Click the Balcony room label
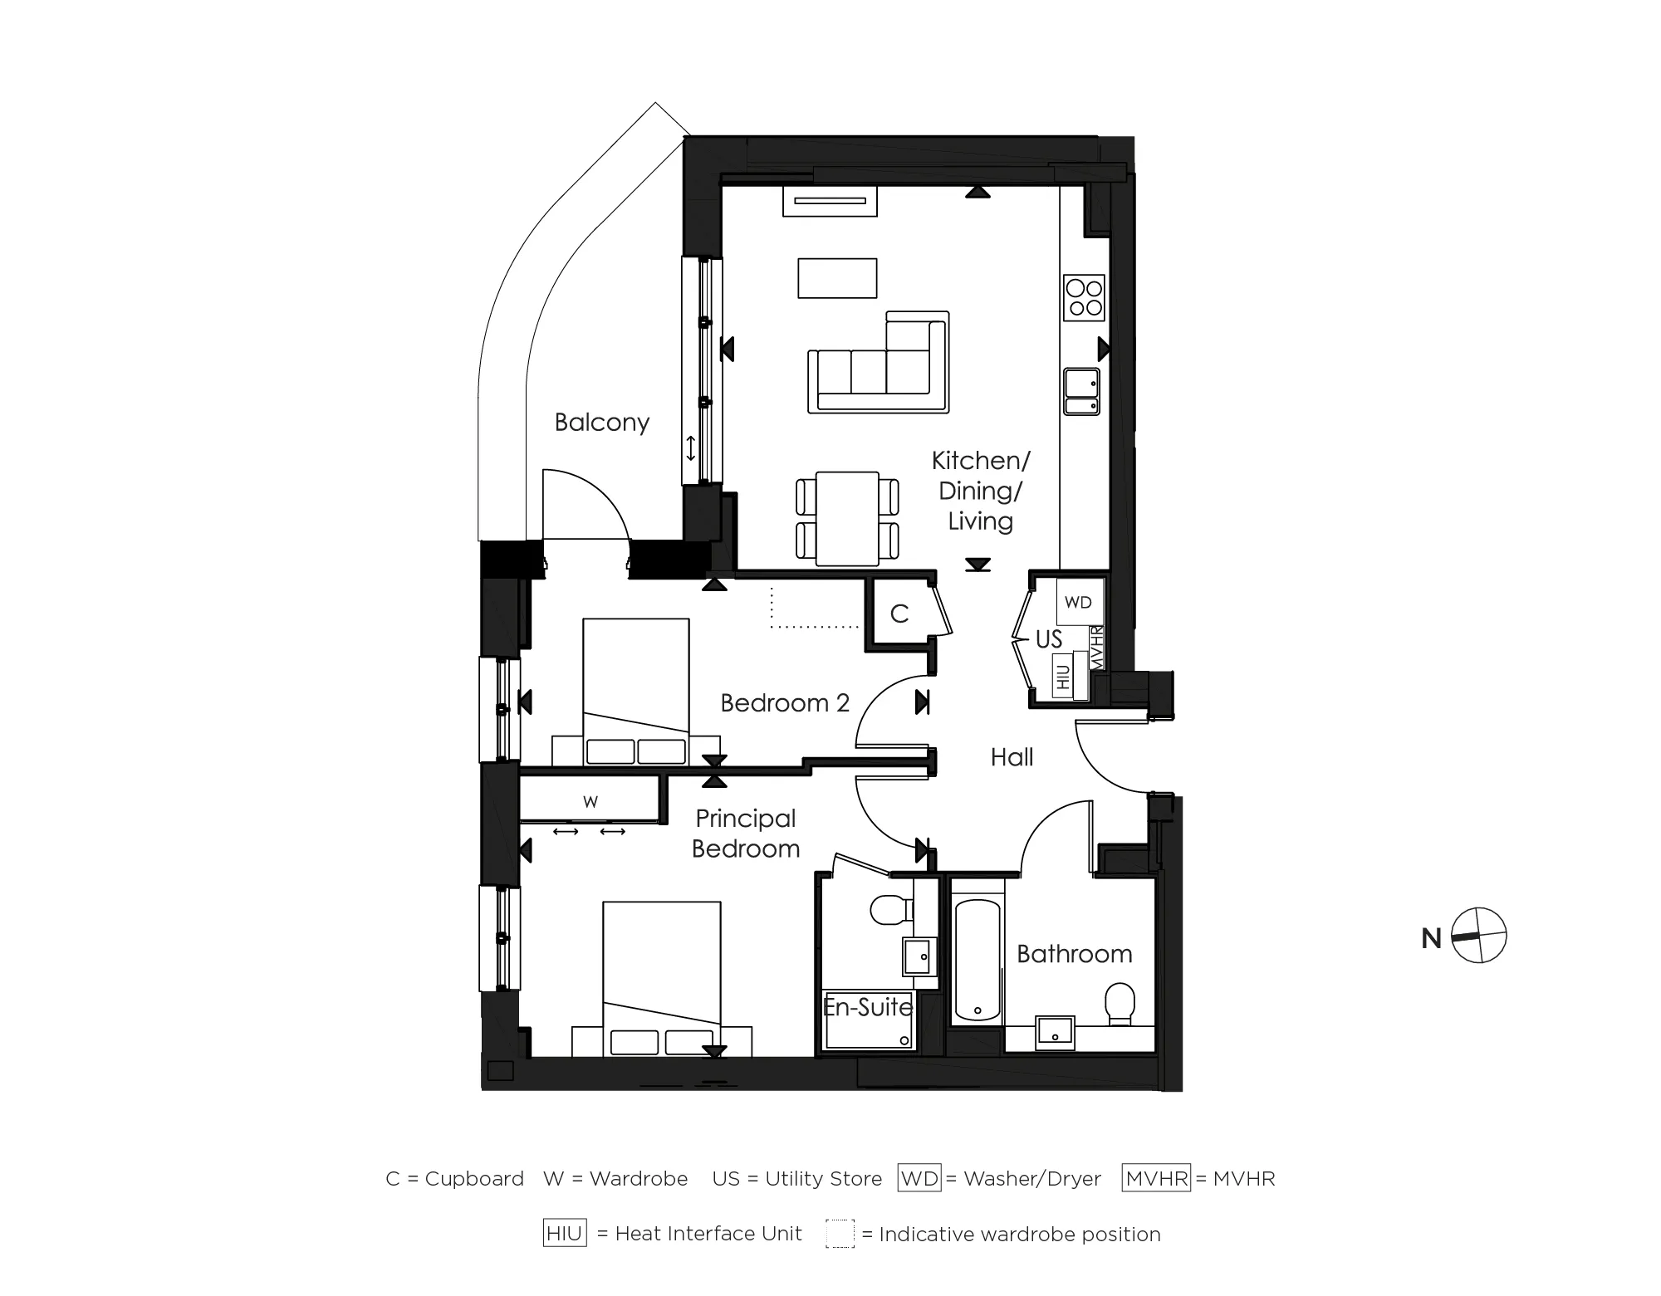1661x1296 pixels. click(x=601, y=423)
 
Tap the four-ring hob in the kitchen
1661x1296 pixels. click(x=1084, y=298)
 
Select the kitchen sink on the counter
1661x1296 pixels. click(x=1082, y=392)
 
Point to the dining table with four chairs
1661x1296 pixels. click(x=847, y=518)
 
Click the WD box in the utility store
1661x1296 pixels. click(x=1078, y=602)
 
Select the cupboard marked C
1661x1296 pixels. click(x=899, y=614)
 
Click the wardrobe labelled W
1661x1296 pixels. click(x=590, y=801)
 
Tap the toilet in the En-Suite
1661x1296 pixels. click(x=887, y=910)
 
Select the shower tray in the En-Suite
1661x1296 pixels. click(x=867, y=1021)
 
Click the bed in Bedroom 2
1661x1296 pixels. click(x=636, y=689)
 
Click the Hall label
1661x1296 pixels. click(x=1012, y=757)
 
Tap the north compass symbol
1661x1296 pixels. click(x=1479, y=936)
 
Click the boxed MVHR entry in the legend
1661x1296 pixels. click(x=1156, y=1178)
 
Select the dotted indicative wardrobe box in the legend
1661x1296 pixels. click(x=840, y=1234)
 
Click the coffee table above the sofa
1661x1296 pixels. click(x=837, y=278)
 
